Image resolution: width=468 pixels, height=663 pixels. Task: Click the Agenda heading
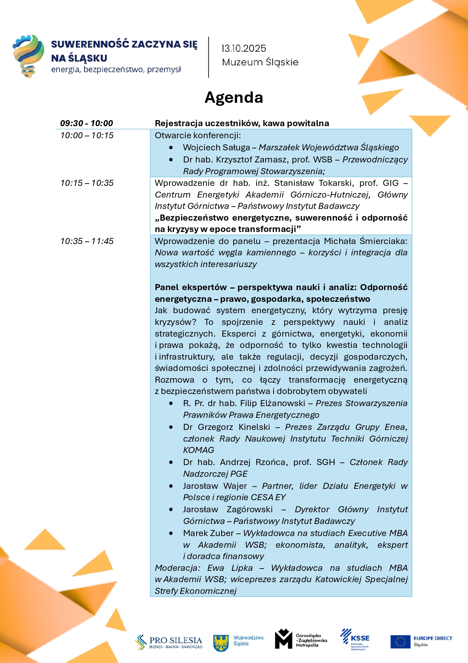[234, 97]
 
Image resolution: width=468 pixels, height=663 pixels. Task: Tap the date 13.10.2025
[243, 48]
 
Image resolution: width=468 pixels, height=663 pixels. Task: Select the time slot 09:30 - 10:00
[86, 123]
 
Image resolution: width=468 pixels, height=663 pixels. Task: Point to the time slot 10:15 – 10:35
[87, 183]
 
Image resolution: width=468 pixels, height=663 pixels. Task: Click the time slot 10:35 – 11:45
[87, 241]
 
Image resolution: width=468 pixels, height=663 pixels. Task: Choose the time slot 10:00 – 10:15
[87, 135]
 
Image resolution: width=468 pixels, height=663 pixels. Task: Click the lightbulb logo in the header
[28, 56]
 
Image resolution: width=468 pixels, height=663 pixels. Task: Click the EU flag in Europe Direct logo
[400, 641]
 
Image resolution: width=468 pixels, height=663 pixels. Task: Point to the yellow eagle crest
[221, 643]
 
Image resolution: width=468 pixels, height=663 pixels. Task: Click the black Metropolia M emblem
[283, 639]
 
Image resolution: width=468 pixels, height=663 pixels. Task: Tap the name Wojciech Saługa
[216, 147]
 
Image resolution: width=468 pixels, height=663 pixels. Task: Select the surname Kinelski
[254, 427]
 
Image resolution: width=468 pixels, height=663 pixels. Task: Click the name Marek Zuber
[208, 533]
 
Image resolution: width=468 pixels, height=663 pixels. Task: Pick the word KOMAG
[199, 450]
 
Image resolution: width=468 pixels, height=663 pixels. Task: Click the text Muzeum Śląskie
[260, 62]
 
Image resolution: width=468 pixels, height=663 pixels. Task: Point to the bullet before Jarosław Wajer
[171, 486]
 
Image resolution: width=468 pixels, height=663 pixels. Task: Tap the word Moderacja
[177, 568]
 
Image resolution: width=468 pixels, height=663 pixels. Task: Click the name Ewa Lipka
[230, 568]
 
